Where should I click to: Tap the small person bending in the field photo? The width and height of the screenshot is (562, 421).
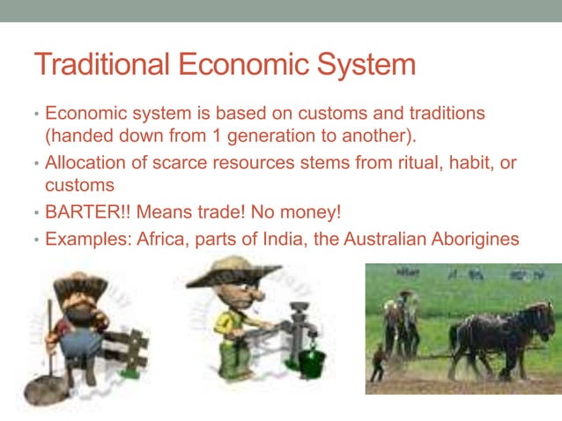click(x=378, y=361)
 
